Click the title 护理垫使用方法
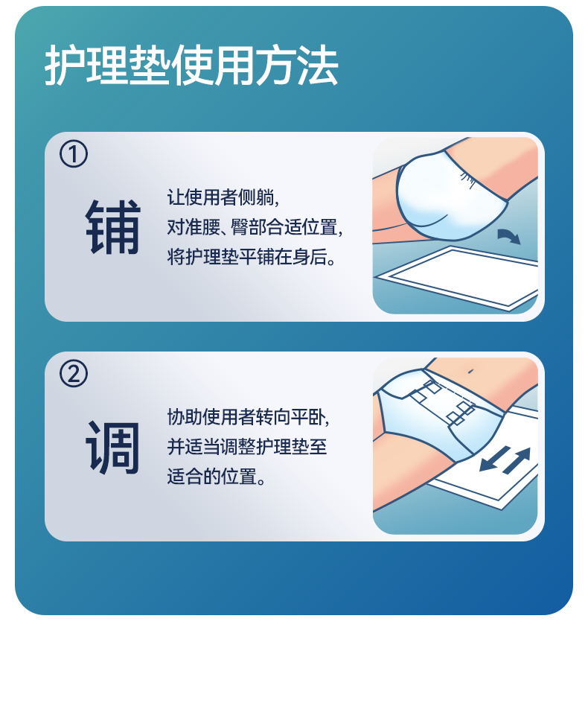tap(191, 66)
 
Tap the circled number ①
tap(74, 153)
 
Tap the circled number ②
tap(74, 374)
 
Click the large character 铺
tap(113, 226)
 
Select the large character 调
tap(113, 447)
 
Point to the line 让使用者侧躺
tap(223, 197)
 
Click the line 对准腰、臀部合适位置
tap(255, 227)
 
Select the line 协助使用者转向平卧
tap(248, 417)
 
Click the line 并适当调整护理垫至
tap(247, 447)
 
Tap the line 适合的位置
tap(217, 477)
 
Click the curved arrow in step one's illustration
tap(509, 235)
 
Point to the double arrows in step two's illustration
tap(505, 460)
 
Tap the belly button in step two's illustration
tap(470, 371)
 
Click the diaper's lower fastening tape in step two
tap(461, 413)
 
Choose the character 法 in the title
tap(318, 66)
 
